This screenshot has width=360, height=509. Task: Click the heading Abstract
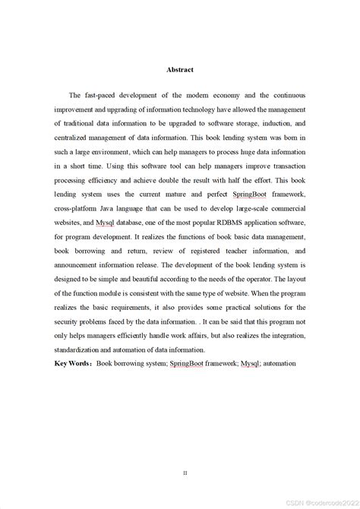pyautogui.click(x=180, y=70)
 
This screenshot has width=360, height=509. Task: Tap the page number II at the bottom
pyautogui.click(x=185, y=451)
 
